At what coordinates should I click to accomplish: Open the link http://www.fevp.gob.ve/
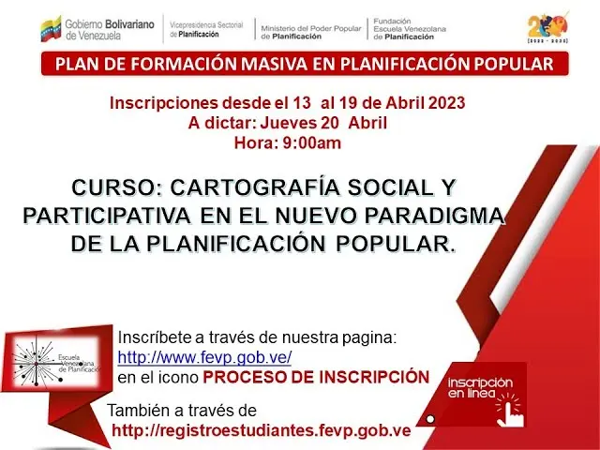click(x=204, y=357)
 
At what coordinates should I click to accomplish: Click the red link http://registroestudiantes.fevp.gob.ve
click(x=261, y=430)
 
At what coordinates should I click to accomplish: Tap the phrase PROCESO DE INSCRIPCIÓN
click(x=316, y=377)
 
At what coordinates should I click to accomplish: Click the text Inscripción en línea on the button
click(x=479, y=388)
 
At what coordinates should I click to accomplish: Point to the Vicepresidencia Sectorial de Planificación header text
click(x=204, y=28)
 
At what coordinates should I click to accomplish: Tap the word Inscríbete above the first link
click(x=153, y=337)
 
